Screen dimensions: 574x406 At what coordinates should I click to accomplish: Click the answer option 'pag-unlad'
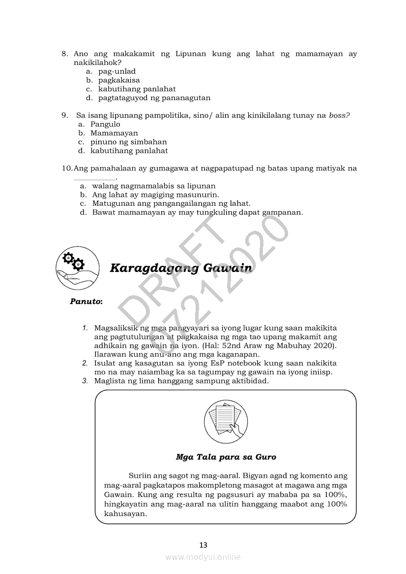116,71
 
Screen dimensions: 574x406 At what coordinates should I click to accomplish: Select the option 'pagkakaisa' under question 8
119,80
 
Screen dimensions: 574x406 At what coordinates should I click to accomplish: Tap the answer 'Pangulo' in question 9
105,124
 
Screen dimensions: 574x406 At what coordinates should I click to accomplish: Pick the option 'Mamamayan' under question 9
114,133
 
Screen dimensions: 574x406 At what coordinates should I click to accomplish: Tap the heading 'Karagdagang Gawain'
181,268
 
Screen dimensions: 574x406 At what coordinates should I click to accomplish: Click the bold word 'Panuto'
85,301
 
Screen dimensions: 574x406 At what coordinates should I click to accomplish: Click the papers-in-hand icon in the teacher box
226,422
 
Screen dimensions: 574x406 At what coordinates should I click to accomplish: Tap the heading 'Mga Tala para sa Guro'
226,457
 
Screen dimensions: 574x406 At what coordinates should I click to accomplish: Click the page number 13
203,545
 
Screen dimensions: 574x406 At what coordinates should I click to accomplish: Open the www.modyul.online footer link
203,557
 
